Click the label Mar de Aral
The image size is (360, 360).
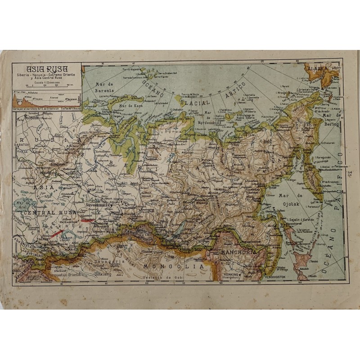(25, 205)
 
